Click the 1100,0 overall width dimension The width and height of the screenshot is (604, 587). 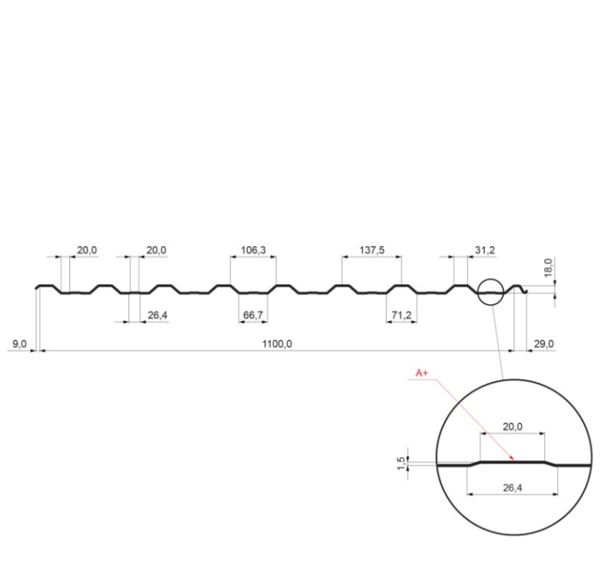[277, 344]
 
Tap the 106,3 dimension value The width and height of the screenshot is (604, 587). [253, 250]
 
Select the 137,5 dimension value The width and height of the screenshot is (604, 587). [372, 250]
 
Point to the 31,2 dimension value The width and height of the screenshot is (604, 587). [485, 250]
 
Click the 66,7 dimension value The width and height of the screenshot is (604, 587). [253, 315]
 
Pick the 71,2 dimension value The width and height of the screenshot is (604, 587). [401, 315]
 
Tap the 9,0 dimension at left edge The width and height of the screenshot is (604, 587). [19, 344]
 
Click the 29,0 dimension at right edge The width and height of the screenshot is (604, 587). [544, 344]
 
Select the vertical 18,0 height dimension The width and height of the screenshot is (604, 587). [548, 268]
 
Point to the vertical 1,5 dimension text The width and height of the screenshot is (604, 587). [401, 464]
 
